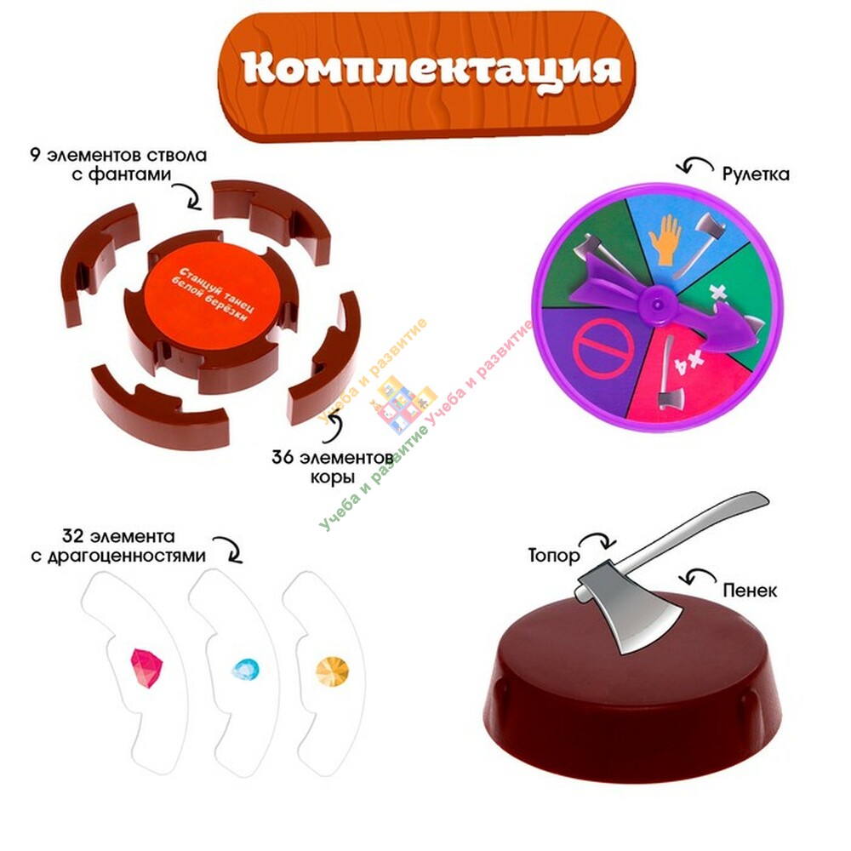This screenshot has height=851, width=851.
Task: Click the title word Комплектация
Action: (431, 71)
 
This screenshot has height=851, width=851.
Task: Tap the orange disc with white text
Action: (212, 297)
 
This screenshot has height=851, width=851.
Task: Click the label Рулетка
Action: (756, 174)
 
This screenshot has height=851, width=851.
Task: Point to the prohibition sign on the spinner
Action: (603, 348)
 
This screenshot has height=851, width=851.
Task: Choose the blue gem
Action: (245, 671)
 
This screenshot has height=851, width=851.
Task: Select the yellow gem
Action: (333, 671)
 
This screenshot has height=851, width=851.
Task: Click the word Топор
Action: (554, 555)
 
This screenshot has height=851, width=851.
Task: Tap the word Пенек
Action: (750, 590)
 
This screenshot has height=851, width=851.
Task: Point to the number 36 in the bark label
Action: (283, 457)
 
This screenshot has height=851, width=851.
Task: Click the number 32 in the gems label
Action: (72, 536)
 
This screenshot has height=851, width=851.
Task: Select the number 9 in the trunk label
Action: (35, 155)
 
